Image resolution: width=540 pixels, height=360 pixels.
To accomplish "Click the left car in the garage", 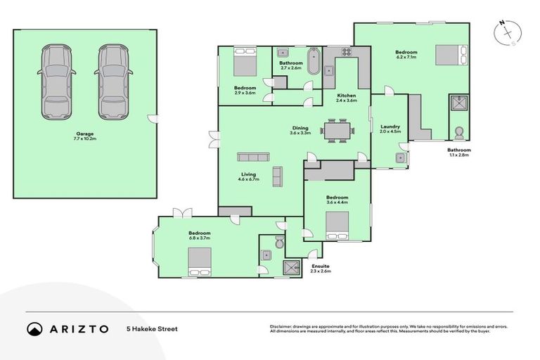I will (57, 82).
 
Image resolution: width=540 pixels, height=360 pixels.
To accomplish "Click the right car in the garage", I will (113, 82).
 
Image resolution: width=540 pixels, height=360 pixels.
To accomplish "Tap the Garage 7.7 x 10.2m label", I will (85, 136).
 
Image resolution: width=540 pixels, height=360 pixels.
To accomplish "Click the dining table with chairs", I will (338, 131).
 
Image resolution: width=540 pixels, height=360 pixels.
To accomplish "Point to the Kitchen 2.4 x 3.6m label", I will (347, 98).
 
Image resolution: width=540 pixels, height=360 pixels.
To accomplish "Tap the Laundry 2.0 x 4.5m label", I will (390, 129).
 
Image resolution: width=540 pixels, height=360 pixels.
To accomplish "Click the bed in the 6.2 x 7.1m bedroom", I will (449, 54).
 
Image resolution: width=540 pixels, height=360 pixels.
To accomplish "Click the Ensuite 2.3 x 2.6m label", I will (320, 269).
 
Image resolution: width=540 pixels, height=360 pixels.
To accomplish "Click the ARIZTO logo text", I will (78, 328).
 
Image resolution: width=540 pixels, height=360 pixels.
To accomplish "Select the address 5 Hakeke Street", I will (153, 328).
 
